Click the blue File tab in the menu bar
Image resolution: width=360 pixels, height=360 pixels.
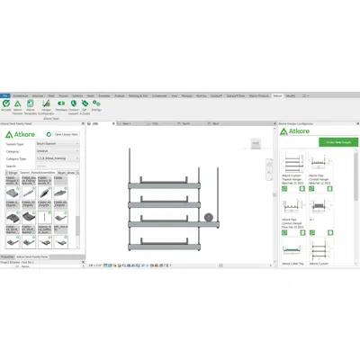[x=4, y=94]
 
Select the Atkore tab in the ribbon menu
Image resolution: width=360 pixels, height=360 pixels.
[x=278, y=94]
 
